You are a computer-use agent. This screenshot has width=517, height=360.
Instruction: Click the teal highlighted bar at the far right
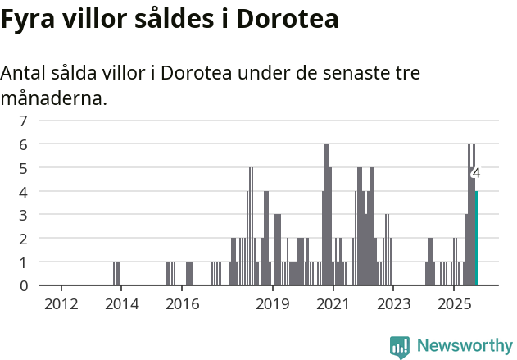pyautogui.click(x=476, y=239)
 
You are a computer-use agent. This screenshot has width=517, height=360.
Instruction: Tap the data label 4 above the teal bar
pyautogui.click(x=476, y=173)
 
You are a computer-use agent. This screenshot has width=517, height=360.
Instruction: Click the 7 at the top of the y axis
pyautogui.click(x=24, y=121)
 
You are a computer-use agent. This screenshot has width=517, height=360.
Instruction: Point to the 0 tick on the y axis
pyautogui.click(x=24, y=286)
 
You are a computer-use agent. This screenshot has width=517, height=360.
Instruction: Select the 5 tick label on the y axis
pyautogui.click(x=24, y=168)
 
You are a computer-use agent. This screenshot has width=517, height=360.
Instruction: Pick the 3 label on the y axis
pyautogui.click(x=24, y=215)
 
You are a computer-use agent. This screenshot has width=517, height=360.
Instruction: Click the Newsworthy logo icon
pyautogui.click(x=399, y=346)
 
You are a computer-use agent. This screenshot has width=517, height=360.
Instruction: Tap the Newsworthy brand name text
pyautogui.click(x=464, y=346)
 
